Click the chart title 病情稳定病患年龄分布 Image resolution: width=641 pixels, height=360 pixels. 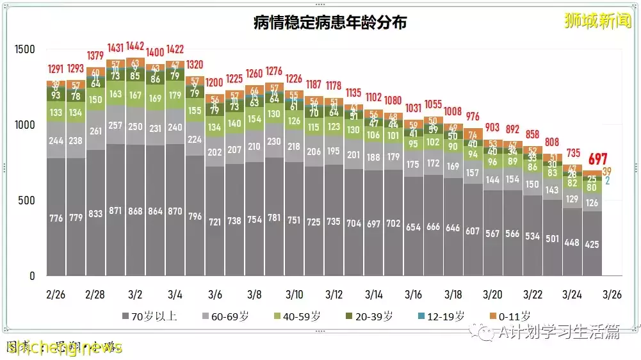(330, 22)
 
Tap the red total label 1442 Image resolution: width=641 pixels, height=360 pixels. (134, 45)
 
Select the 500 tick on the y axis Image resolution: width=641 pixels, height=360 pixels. (29, 200)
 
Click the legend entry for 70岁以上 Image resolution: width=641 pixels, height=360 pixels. (149, 316)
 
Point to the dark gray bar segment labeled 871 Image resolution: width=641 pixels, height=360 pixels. (115, 211)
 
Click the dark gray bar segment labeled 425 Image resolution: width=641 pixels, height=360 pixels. (592, 243)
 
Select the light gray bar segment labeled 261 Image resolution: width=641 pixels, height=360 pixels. (95, 131)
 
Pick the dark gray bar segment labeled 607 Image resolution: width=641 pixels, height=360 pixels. (473, 231)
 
